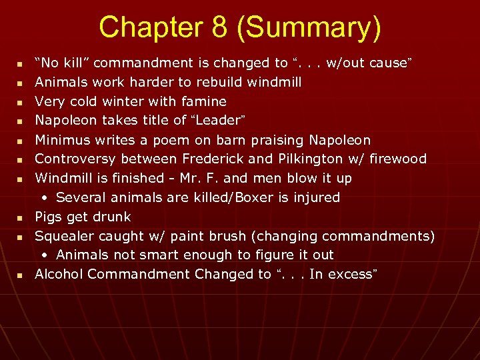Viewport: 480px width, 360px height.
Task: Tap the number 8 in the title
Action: pos(214,27)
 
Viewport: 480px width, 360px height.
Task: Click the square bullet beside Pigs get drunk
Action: pos(20,218)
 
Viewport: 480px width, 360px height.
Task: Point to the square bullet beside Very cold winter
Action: pos(20,103)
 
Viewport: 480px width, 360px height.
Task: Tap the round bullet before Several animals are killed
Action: pos(45,198)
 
